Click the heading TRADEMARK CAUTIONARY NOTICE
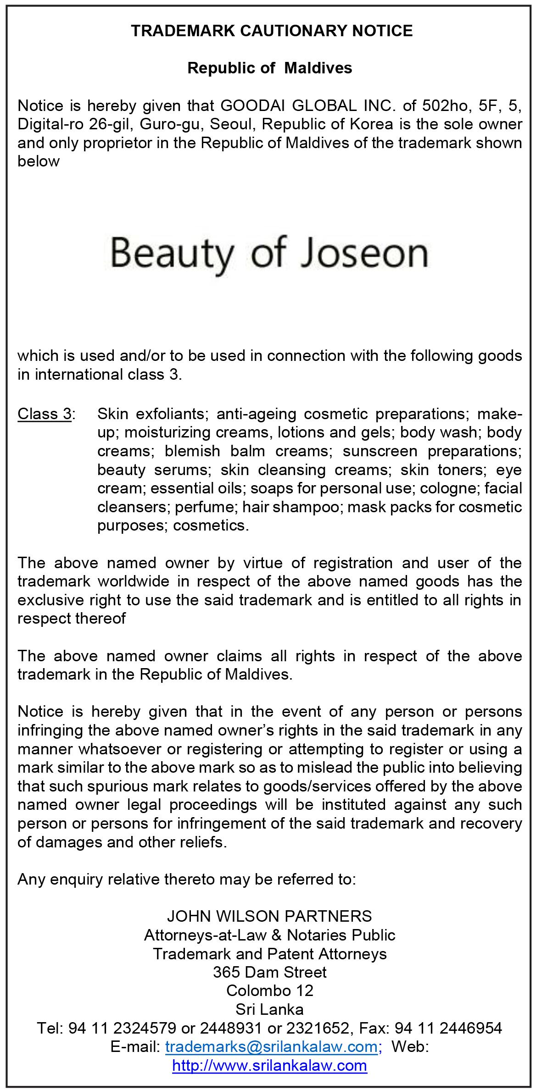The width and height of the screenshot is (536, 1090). [x=272, y=31]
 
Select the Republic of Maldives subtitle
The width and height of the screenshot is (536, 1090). [x=270, y=68]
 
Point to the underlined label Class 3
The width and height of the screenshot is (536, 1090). [x=45, y=414]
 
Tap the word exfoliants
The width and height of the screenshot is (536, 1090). [x=166, y=414]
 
